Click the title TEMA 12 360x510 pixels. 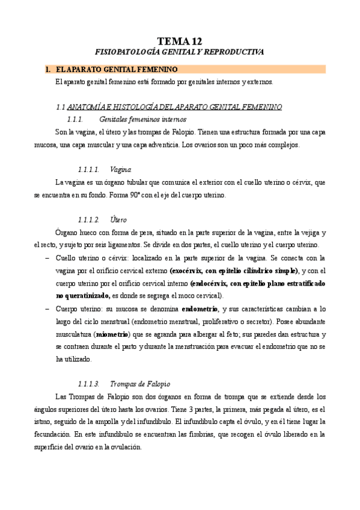180,41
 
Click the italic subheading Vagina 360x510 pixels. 121,170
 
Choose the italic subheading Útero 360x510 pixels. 118,220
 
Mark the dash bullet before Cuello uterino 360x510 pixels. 47,258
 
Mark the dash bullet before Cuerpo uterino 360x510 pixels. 47,309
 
